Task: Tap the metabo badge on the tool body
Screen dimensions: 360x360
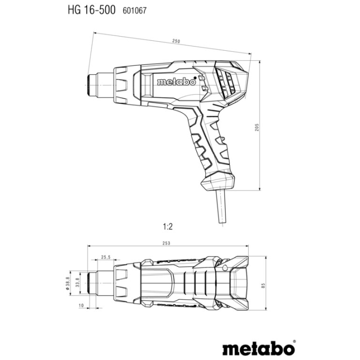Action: tap(176, 82)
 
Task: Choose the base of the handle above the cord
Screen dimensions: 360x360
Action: tap(217, 184)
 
